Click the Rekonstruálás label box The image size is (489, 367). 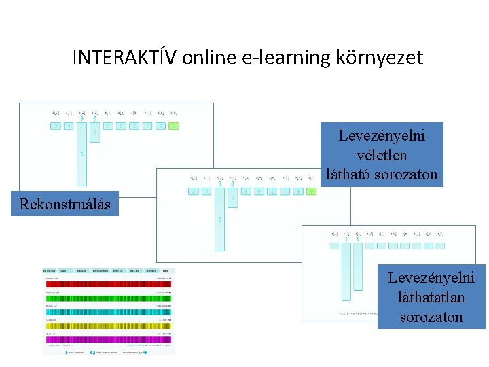(x=65, y=203)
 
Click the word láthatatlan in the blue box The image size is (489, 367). (x=432, y=297)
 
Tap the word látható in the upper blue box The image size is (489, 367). (x=353, y=175)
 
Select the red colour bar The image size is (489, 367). (x=108, y=285)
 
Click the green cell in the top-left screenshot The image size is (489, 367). (x=175, y=126)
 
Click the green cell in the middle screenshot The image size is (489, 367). (x=312, y=192)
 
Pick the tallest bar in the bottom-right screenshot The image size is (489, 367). (x=346, y=272)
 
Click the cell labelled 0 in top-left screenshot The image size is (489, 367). (x=122, y=126)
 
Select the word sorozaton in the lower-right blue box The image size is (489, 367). (x=432, y=317)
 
